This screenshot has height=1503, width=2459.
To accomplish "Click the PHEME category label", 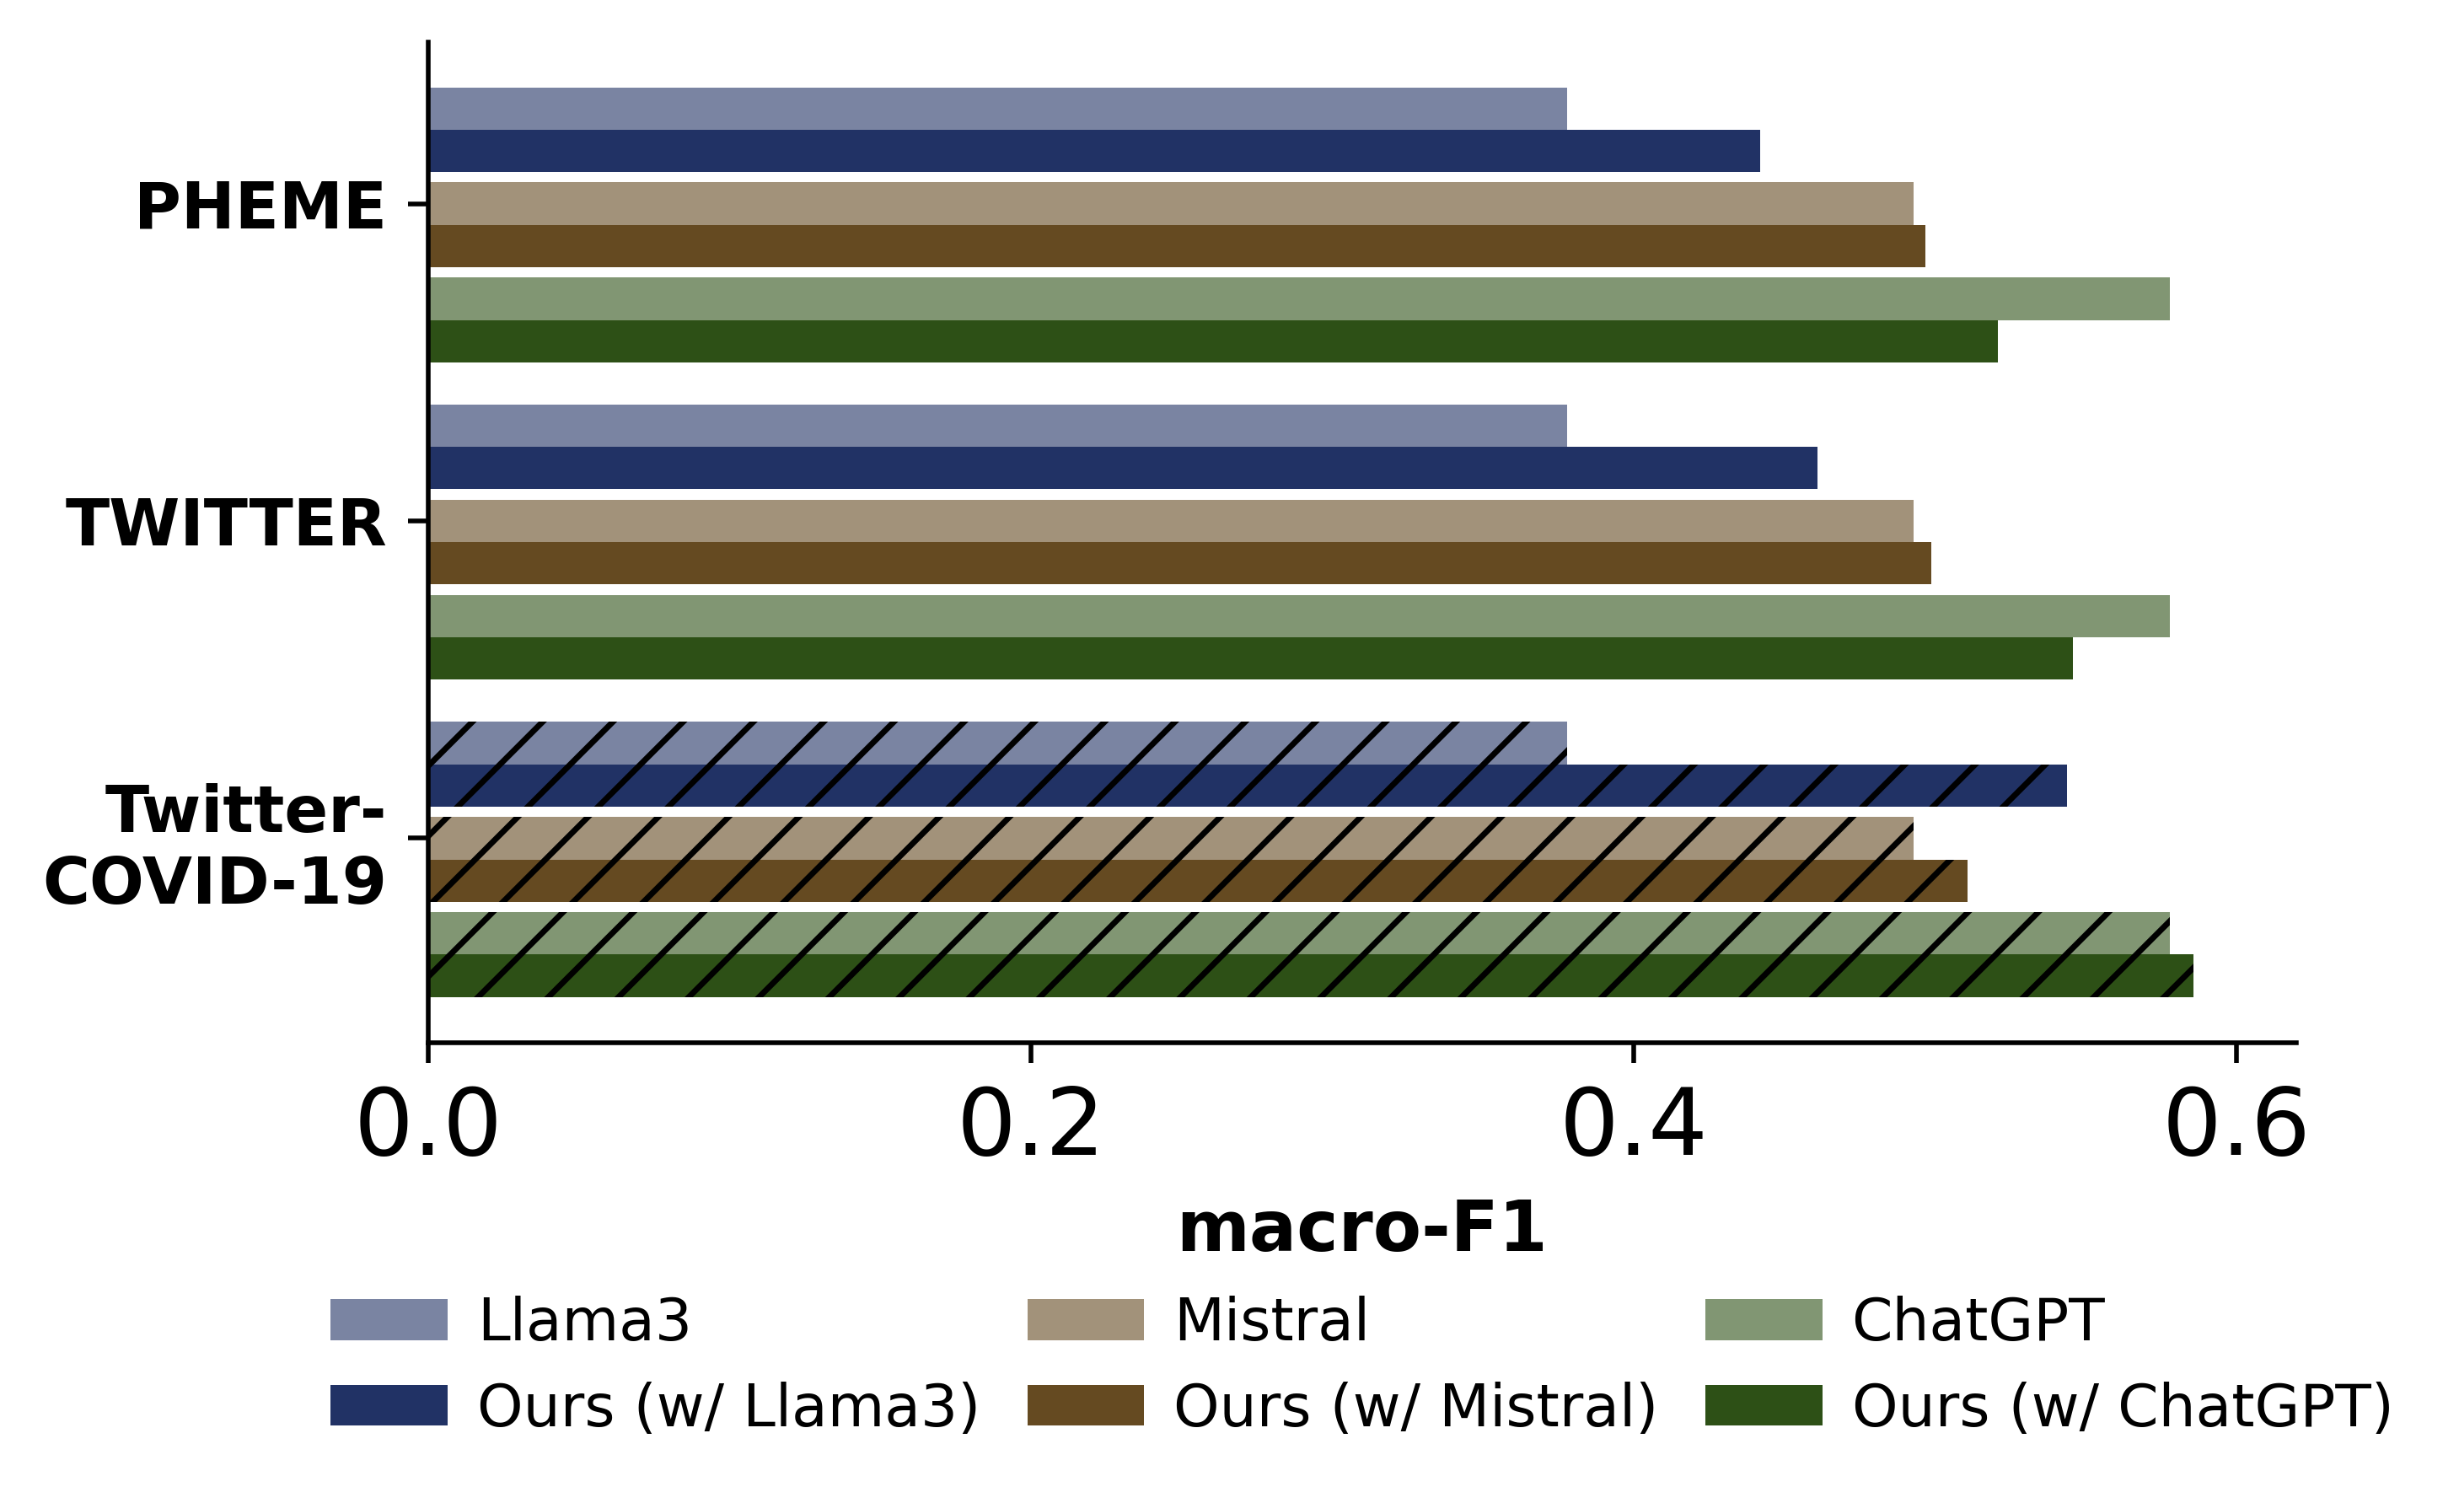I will pos(260,207).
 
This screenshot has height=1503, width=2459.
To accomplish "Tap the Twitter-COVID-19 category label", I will pos(216,845).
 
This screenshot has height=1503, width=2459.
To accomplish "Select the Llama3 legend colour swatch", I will pos(389,1319).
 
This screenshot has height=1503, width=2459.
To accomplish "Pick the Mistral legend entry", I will pos(1270,1319).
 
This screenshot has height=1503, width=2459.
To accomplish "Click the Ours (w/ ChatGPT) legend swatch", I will pos(1764,1405).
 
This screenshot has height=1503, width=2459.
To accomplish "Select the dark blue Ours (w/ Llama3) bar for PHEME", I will pos(1093,151).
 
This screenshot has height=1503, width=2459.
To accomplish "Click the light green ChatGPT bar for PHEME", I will pos(1298,298).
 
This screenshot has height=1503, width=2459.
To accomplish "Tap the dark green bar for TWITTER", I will pos(1250,658).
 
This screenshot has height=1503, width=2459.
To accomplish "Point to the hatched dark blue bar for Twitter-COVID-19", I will pos(1248,786).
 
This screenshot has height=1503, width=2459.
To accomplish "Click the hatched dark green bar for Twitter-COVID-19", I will pos(1310,976).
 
